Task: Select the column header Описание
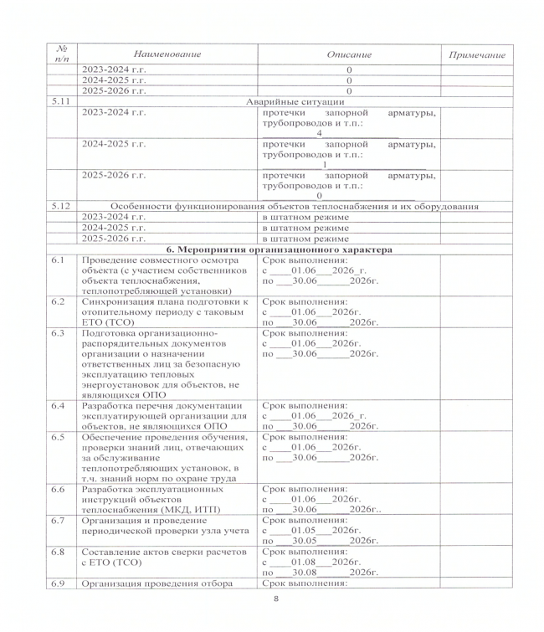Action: pos(349,54)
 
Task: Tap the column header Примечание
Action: pos(477,54)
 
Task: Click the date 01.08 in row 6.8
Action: pos(300,561)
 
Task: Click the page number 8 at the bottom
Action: pos(275,600)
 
